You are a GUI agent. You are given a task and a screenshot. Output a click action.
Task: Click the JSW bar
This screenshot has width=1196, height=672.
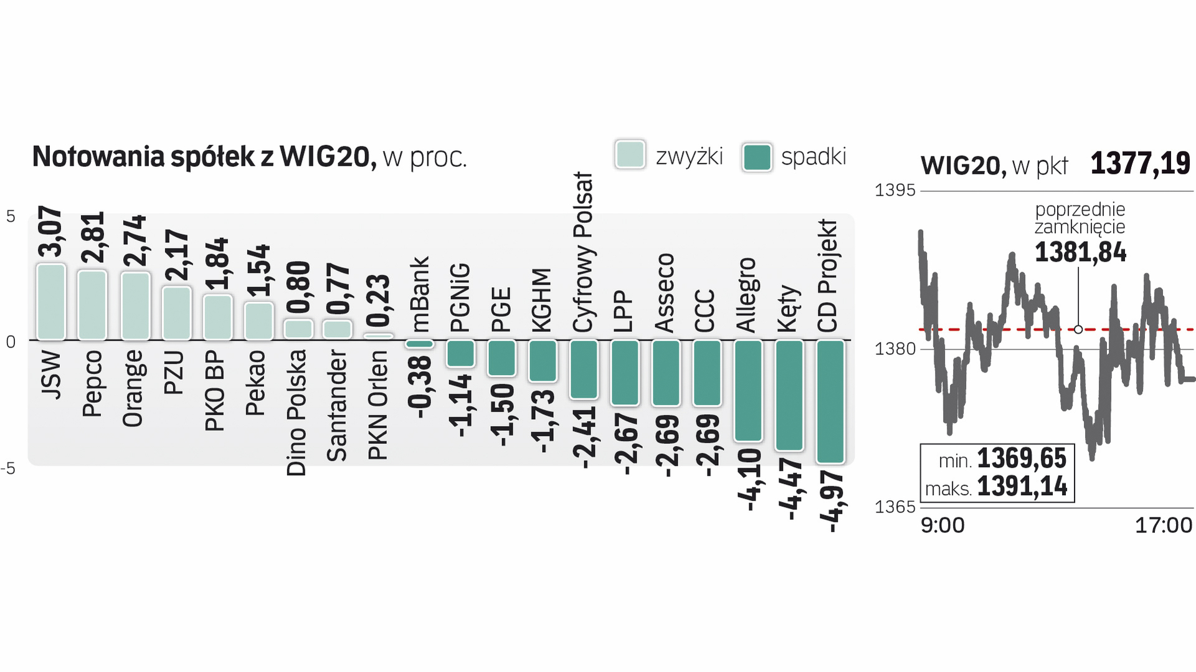pos(51,302)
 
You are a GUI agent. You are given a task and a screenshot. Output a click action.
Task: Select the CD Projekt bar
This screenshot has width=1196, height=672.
pos(830,402)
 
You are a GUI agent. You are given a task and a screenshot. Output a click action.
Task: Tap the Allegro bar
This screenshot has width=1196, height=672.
pos(748,390)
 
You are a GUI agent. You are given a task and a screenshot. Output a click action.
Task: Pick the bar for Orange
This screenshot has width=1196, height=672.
pos(135,306)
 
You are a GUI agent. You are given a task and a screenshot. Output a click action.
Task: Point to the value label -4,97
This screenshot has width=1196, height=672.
pos(832,501)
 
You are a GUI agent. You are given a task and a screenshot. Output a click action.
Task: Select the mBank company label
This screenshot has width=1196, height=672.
pos(420,293)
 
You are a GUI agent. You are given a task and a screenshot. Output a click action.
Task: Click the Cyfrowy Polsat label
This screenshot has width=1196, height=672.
pos(583,252)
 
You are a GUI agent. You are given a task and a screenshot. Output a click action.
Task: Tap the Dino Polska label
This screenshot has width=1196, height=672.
pos(297,413)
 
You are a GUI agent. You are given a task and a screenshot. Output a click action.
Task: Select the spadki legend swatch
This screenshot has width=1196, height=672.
pos(757,157)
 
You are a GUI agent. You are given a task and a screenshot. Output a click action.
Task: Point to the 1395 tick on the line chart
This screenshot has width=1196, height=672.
pos(895,190)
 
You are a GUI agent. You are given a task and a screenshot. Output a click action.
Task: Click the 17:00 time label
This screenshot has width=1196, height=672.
pos(1163,526)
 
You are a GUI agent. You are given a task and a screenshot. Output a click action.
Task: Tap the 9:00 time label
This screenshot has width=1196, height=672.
pos(942,526)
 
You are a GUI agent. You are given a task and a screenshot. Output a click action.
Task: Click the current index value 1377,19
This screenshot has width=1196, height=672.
pos(1140,164)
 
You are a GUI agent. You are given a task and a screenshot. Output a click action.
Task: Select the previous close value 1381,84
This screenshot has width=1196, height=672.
pos(1080,252)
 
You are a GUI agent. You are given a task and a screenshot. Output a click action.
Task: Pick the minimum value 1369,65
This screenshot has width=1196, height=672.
pos(1022,458)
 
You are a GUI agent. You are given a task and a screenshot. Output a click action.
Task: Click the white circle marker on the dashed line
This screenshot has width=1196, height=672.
pos(1078,329)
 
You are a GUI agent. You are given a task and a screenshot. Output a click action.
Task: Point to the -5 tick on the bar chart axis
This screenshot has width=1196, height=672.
pos(9,468)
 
